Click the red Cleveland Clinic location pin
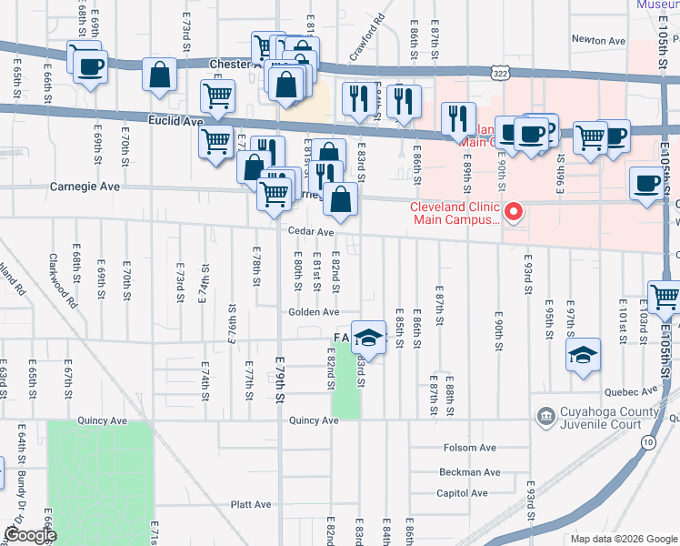click(x=514, y=213)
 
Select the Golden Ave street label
click(x=314, y=312)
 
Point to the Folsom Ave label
click(x=468, y=448)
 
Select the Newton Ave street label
click(x=598, y=41)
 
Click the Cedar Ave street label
click(x=312, y=232)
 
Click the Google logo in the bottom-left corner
click(x=30, y=536)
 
